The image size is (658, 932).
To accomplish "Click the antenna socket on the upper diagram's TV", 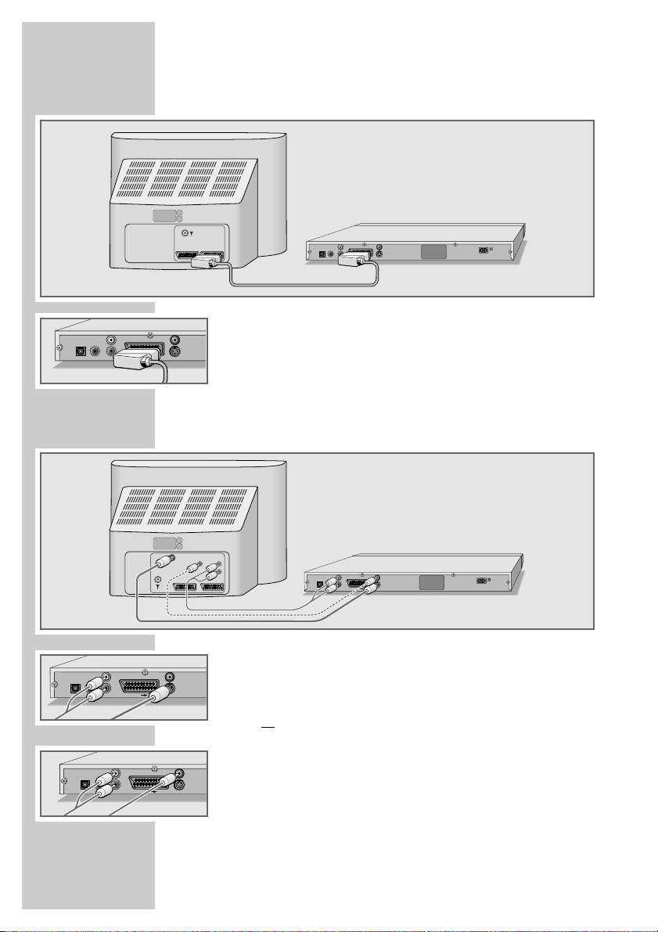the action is click(185, 233).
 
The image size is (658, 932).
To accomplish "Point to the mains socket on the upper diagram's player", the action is click(485, 250).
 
